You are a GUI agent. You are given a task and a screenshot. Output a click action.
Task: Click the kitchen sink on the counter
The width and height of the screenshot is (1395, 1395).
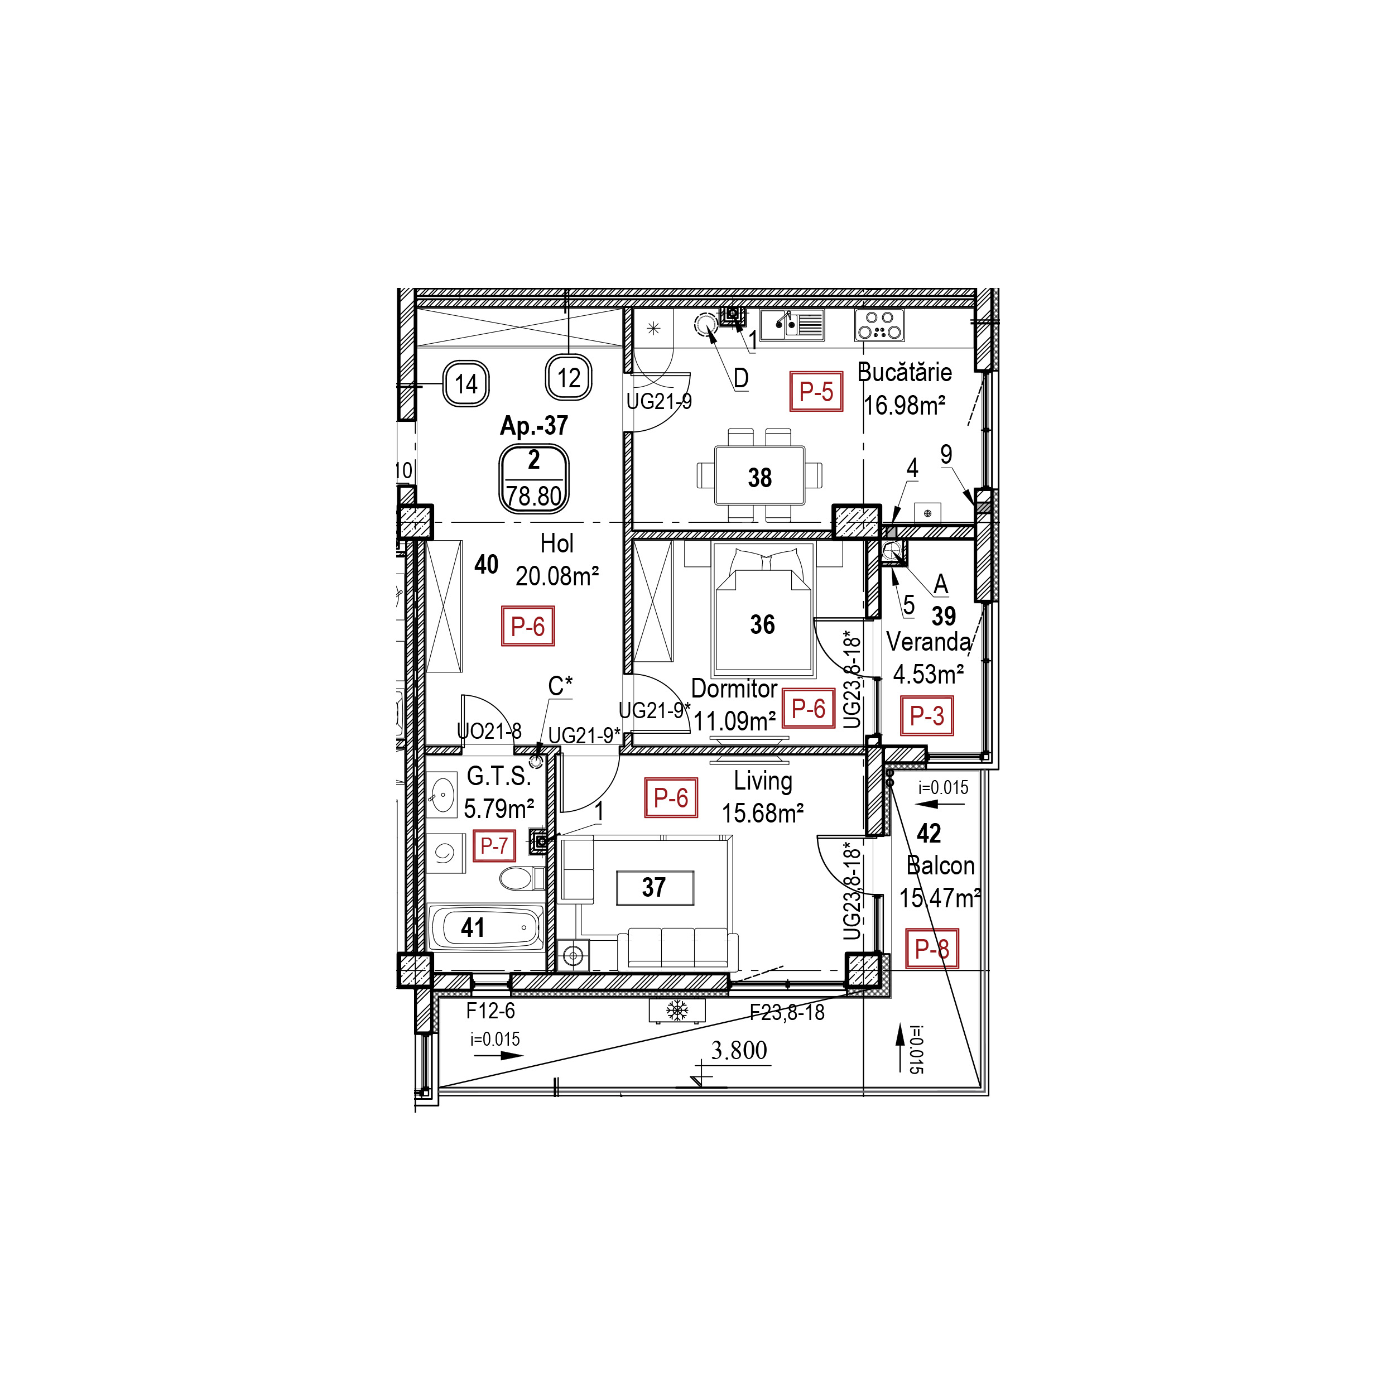click(791, 325)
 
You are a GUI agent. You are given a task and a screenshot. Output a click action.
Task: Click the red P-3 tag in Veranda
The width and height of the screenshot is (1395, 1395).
click(926, 715)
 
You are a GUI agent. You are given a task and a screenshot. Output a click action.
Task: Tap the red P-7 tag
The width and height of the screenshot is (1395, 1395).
click(494, 845)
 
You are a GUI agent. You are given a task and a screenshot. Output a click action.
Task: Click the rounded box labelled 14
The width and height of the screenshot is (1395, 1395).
click(466, 383)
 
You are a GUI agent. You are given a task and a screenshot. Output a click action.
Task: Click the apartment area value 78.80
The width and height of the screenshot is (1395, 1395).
click(533, 497)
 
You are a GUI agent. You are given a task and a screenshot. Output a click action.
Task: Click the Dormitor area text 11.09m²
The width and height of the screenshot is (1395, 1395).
click(734, 720)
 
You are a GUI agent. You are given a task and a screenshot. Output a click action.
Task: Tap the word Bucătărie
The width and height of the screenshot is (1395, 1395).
click(904, 373)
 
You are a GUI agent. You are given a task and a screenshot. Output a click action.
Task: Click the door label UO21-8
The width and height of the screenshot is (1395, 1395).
click(489, 732)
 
